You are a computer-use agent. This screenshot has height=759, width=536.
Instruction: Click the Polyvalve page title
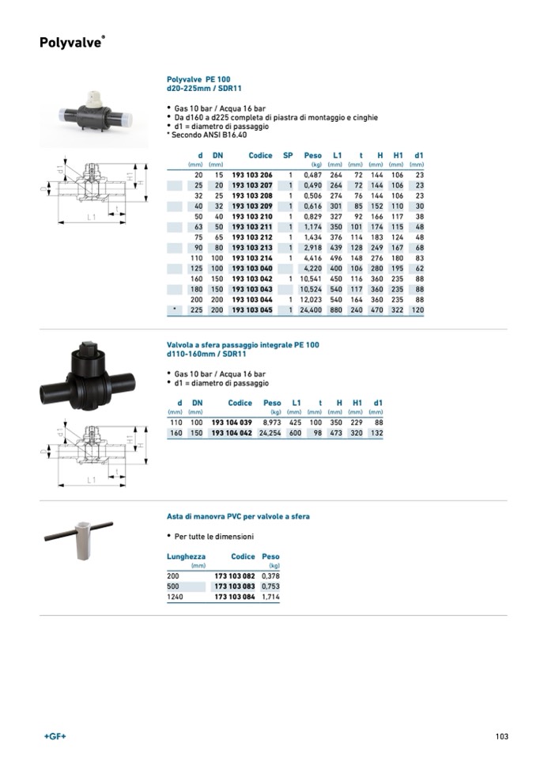(70, 43)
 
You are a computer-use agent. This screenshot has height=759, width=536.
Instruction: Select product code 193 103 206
(251, 174)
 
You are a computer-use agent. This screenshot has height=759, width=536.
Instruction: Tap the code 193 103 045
(251, 310)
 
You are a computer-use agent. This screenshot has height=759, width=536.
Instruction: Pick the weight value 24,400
(310, 310)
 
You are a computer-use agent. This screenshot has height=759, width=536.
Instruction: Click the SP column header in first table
(288, 156)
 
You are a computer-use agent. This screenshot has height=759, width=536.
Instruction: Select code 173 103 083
(235, 586)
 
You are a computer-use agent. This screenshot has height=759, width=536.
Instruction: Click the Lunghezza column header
(187, 556)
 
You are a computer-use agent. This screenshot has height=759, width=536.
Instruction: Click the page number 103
(501, 736)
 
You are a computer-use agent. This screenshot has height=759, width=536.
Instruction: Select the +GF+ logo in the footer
(55, 737)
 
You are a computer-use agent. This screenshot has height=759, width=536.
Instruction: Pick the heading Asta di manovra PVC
(238, 516)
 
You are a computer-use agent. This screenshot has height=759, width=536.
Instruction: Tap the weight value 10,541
(310, 279)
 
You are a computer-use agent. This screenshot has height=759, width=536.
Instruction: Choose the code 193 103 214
(251, 258)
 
